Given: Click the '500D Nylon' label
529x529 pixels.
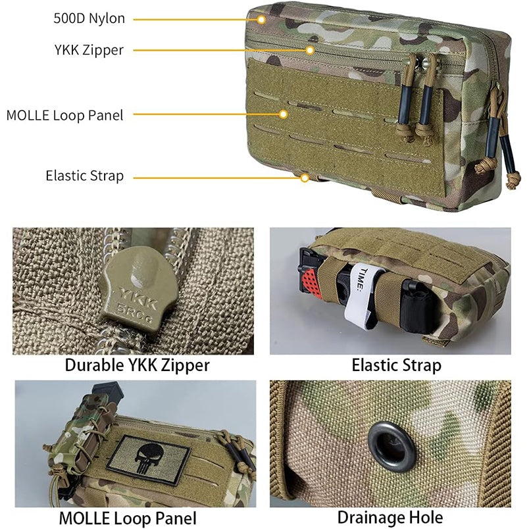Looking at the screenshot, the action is [89, 18].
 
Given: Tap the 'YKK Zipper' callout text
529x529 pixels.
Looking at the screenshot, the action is [89, 50].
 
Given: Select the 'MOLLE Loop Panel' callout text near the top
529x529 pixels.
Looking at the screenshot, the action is [64, 115].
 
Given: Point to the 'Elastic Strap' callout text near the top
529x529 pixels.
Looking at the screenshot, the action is [85, 176].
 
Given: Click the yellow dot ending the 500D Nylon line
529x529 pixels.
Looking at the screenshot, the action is [261, 20].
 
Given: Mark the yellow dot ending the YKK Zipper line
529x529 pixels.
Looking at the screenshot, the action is [310, 50].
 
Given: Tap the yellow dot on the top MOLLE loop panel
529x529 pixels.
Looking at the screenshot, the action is [284, 114].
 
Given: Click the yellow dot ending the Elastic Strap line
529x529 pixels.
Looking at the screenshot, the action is [305, 178].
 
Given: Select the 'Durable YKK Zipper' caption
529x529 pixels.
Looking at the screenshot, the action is [138, 365].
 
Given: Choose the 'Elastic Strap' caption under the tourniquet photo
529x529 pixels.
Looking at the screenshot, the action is [396, 365].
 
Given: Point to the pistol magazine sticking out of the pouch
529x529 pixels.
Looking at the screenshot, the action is [107, 391].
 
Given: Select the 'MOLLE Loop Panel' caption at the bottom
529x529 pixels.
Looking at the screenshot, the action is [128, 518].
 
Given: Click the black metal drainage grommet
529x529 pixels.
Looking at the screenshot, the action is [391, 447].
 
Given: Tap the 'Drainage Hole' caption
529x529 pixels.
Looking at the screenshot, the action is [390, 518].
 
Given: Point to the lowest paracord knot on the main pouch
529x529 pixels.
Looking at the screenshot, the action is [513, 180].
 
